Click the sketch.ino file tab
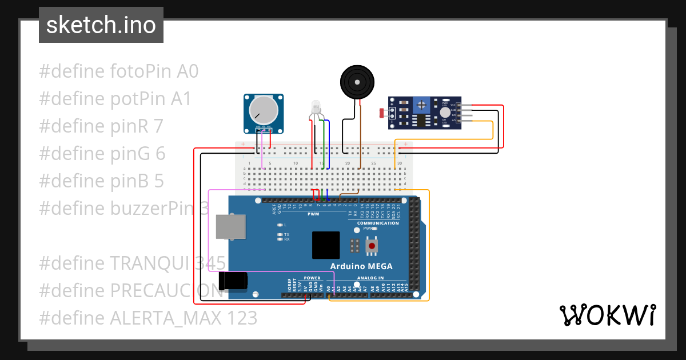coord(101,25)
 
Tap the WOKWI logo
coord(607,315)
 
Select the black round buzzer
coord(357,82)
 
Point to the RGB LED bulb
coord(316,107)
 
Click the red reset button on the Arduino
coord(372,246)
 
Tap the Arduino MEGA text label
coord(361,266)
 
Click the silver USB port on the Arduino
coord(230,227)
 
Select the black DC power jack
coord(234,280)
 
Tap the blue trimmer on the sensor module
coord(422,105)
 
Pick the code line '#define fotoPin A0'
coord(118,71)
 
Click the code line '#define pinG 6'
coord(102,153)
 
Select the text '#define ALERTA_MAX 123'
coord(148,317)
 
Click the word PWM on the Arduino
coord(313,214)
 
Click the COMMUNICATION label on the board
coord(378,223)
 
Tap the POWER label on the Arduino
coord(312,278)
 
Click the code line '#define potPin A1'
coord(115,99)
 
